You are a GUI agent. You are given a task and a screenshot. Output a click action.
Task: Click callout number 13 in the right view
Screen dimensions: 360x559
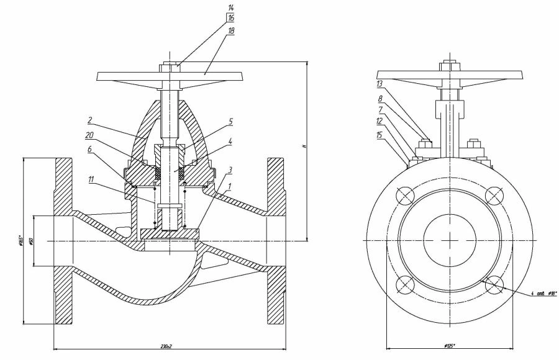(x=379, y=83)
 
